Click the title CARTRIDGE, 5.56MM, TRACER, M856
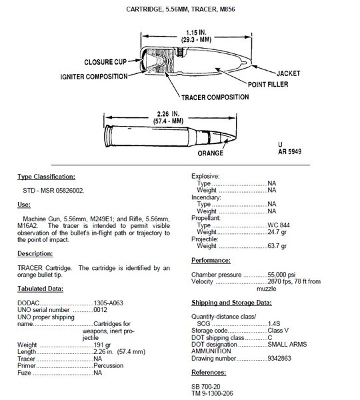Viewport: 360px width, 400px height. (180, 9)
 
